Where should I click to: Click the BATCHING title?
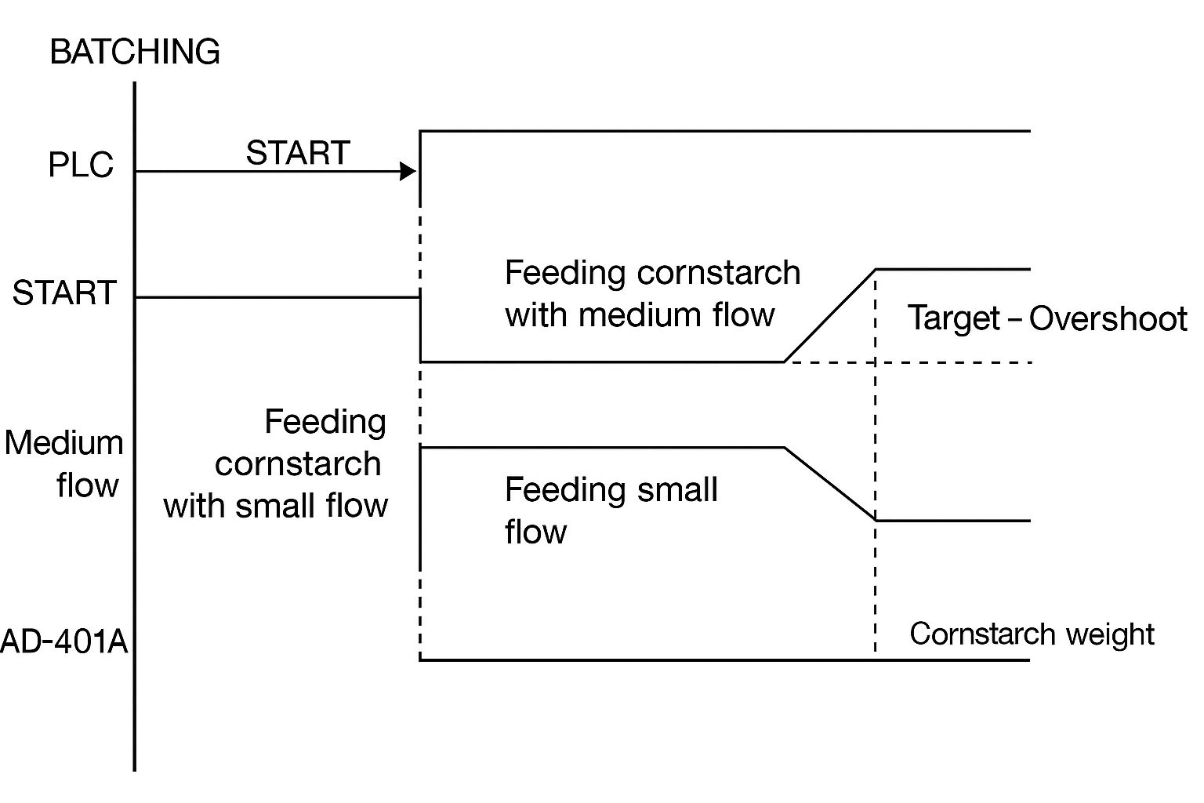coord(134,52)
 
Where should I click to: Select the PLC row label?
coord(81,164)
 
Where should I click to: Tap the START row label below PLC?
coord(64,292)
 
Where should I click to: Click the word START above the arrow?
coord(298,153)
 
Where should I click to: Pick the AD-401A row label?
coord(64,641)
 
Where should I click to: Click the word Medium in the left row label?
coord(64,443)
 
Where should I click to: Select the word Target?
coord(954,318)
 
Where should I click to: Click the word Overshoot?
coord(1108,318)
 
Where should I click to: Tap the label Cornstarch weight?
coord(1032,634)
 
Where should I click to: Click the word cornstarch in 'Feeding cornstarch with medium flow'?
coord(719,272)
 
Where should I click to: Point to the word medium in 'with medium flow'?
coord(640,314)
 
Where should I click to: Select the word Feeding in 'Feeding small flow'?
coord(565,490)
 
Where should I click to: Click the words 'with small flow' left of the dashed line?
coord(276,506)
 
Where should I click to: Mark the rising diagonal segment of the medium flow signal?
coord(830,315)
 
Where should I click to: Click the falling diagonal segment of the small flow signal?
coord(830,484)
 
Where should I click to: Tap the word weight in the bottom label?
coord(1111,634)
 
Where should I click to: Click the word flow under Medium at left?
coord(88,485)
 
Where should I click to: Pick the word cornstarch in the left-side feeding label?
coord(298,463)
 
